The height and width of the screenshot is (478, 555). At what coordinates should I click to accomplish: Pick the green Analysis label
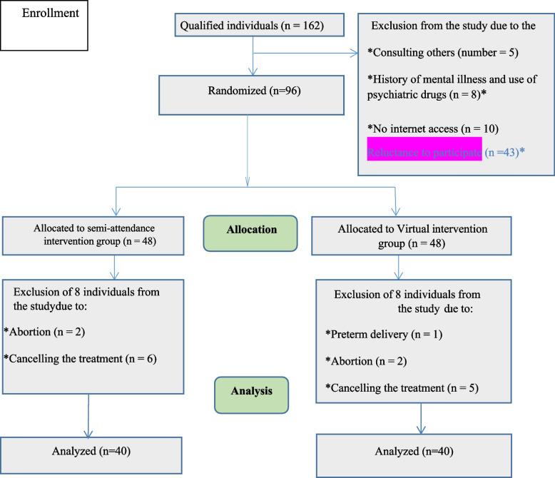tap(252, 391)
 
